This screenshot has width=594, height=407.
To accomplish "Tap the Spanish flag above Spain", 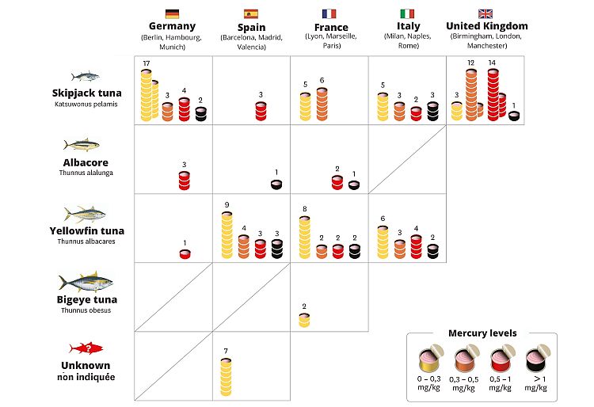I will click(x=251, y=13).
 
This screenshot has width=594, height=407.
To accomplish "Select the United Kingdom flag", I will click(x=486, y=13).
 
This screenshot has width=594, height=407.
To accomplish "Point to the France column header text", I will click(x=331, y=26).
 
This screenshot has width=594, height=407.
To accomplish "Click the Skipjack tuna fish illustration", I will click(x=84, y=77).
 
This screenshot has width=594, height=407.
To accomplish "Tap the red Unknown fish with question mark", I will click(x=84, y=348).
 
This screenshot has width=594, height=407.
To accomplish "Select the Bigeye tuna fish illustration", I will click(x=84, y=283).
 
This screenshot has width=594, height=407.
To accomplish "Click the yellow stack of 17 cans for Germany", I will click(x=147, y=95).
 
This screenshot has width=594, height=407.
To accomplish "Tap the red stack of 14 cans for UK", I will click(x=493, y=93).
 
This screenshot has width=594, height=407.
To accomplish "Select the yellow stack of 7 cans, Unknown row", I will click(x=226, y=375).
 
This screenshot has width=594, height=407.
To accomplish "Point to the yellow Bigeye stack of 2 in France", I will click(x=304, y=319).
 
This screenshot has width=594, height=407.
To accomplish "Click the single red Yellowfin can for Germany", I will click(x=185, y=253).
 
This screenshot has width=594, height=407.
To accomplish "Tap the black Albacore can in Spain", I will click(x=276, y=184).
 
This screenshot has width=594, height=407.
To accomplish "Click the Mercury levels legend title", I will click(x=482, y=333).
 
